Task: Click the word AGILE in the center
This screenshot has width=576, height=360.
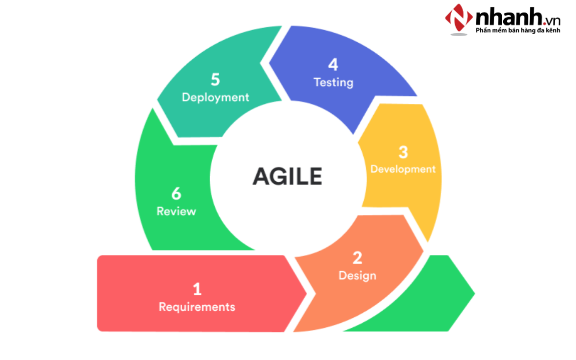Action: point(287,176)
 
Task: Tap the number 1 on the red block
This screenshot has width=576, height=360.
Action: point(197,289)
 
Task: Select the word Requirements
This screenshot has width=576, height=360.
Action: point(197,307)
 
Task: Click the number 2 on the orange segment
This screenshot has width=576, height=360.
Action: point(357,258)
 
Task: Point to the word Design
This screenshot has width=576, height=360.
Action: point(357,276)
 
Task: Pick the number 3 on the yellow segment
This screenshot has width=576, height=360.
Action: point(403,152)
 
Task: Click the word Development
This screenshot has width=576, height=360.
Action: point(403,169)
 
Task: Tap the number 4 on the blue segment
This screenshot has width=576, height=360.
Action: point(333,65)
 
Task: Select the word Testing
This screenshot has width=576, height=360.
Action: point(333,82)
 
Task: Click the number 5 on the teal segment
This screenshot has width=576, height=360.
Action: point(215,80)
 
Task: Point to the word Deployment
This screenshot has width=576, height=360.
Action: point(215,97)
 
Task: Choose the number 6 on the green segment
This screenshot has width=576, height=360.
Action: point(176,194)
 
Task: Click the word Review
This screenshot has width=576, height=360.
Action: point(176,211)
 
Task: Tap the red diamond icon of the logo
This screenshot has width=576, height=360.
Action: point(459,20)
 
